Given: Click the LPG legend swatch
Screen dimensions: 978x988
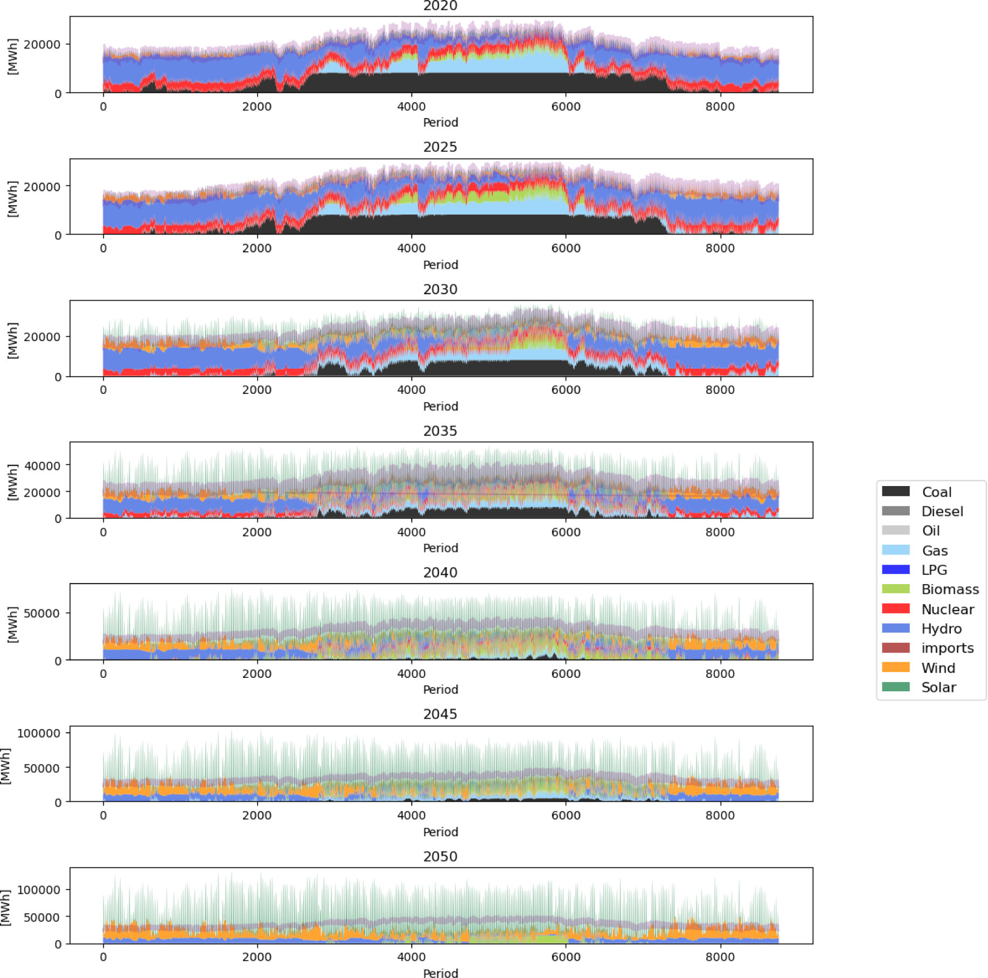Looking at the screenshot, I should coord(895,570).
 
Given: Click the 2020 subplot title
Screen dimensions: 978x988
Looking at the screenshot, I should coord(440,6).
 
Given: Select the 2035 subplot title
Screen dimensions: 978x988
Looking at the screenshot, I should coord(440,431).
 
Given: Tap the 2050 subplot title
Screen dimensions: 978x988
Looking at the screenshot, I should coord(440,857).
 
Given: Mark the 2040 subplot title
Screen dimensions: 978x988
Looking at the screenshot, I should coord(440,573).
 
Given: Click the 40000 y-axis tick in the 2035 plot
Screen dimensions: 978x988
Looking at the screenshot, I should coord(43,466).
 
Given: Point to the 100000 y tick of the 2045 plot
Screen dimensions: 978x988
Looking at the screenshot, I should coord(39,733).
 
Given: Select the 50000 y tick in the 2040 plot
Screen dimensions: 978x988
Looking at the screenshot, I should coord(43,613).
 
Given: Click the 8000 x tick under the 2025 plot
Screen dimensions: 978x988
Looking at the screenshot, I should coord(720,248).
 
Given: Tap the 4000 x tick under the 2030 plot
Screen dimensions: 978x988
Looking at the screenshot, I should coord(411,390).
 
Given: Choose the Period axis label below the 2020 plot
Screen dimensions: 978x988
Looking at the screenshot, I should coord(440,123).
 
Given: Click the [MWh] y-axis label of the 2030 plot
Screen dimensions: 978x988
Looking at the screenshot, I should coord(12,340).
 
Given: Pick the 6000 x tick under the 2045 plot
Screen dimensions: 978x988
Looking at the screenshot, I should coord(566,815).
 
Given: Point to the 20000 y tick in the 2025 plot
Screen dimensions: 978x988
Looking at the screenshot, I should coord(43,186).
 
